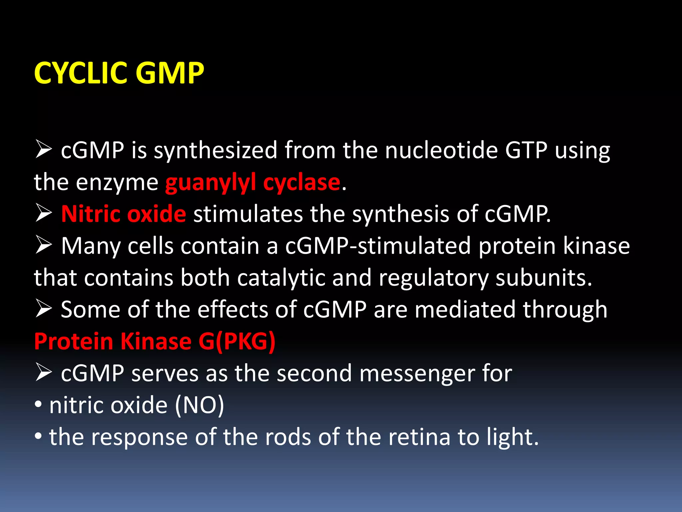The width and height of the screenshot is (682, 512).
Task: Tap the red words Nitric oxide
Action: coord(124,214)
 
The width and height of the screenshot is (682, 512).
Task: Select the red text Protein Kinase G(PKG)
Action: coord(155,341)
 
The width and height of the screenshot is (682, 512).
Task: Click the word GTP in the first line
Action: coord(526,150)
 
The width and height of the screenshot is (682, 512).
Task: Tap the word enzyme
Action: coord(117,183)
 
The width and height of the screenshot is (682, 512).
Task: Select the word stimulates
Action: coord(248,214)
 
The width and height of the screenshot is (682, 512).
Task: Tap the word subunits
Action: coord(544,277)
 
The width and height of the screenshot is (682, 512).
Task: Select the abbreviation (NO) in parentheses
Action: coord(199,405)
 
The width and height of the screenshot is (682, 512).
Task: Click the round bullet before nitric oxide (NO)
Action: coord(38,405)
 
